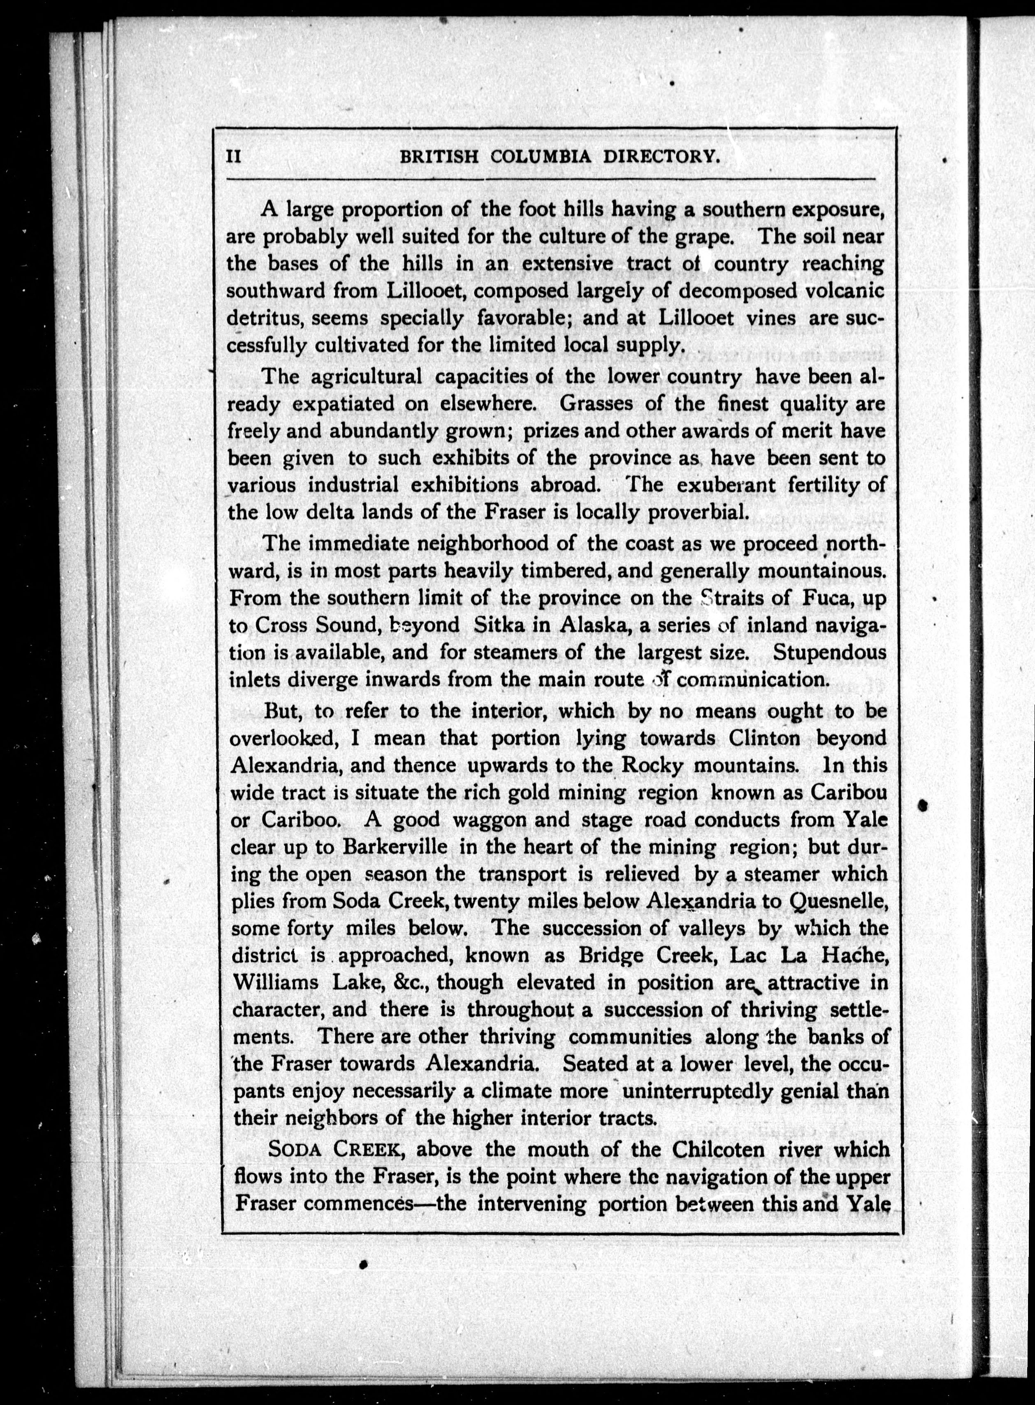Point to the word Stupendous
coord(830,652)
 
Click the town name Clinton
coord(764,738)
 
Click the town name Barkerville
coord(395,847)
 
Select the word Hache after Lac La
coord(856,956)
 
